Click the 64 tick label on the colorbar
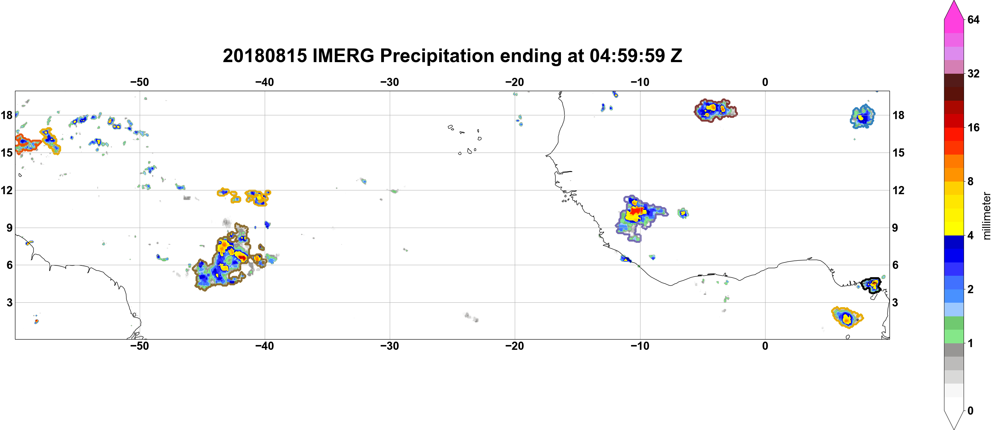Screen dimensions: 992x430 [973, 19]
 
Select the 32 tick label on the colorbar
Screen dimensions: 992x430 [973, 73]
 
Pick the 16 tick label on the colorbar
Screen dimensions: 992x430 [973, 127]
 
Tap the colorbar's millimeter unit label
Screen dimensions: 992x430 [986, 216]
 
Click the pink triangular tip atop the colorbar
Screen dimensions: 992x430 [953, 10]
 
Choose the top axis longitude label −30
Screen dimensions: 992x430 [389, 82]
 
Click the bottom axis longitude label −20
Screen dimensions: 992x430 [514, 346]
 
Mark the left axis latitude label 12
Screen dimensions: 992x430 [6, 190]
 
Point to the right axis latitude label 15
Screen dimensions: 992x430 [898, 153]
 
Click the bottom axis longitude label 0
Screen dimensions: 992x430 [765, 346]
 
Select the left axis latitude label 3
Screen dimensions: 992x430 [10, 303]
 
